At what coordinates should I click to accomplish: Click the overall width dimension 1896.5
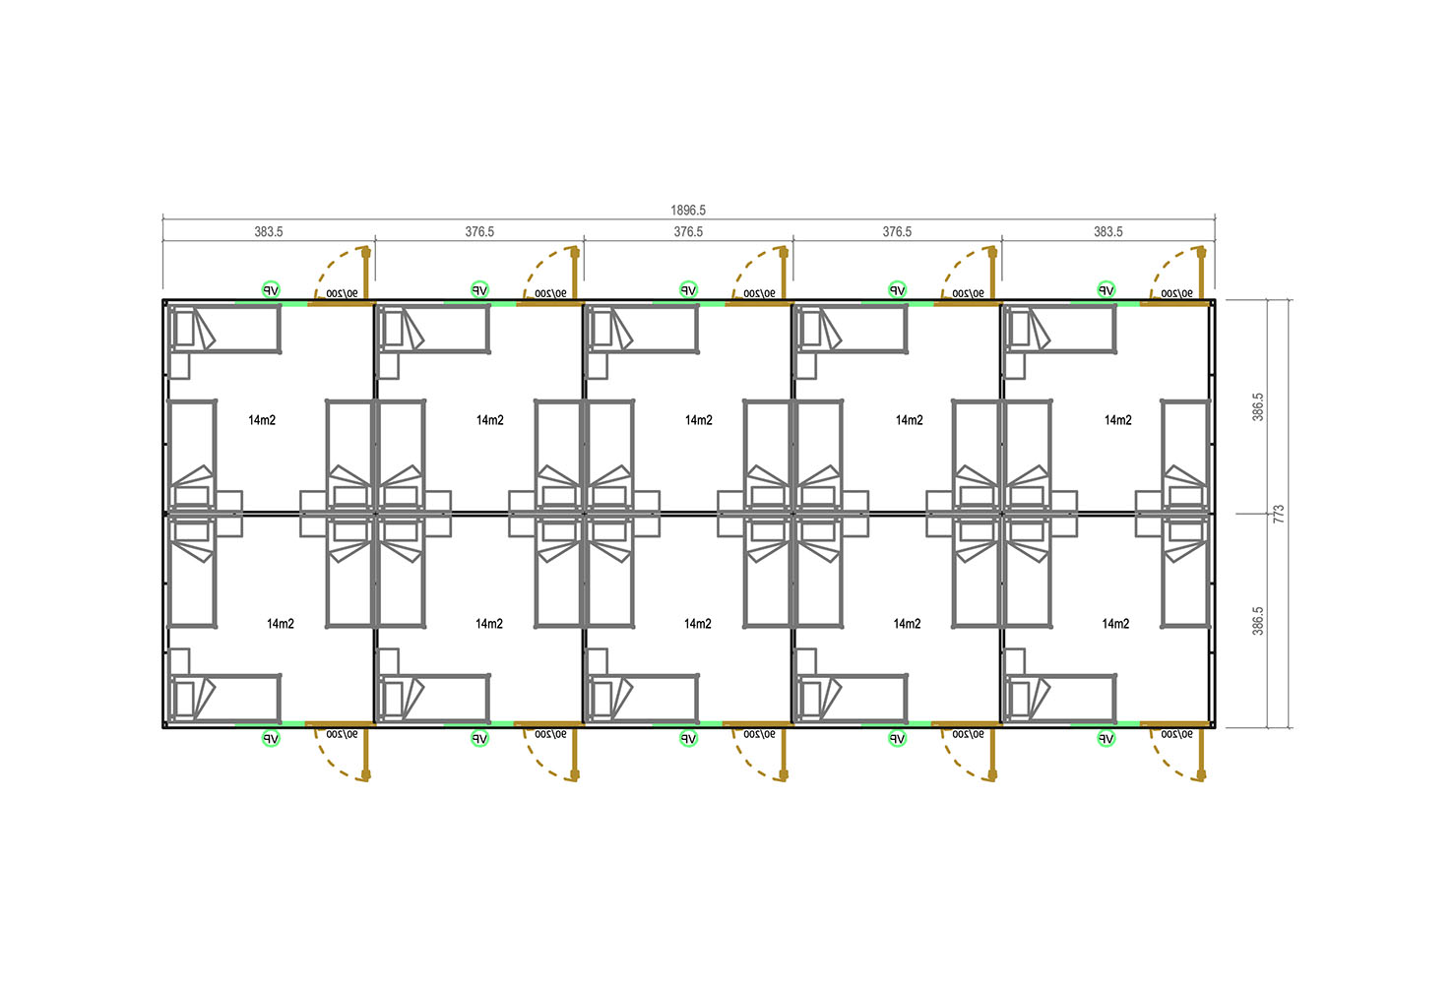click(688, 211)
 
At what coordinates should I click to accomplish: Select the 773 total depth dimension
click(1279, 514)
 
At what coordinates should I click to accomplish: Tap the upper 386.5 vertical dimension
click(1257, 407)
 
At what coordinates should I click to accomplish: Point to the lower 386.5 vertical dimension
click(1257, 621)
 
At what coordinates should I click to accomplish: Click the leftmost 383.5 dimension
click(269, 231)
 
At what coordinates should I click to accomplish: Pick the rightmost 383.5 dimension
click(1107, 231)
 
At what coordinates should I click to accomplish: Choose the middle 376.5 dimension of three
click(688, 231)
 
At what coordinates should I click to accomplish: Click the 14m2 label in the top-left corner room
click(262, 420)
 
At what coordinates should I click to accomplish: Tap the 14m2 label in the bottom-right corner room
click(1115, 624)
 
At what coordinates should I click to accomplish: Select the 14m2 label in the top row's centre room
click(698, 420)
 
